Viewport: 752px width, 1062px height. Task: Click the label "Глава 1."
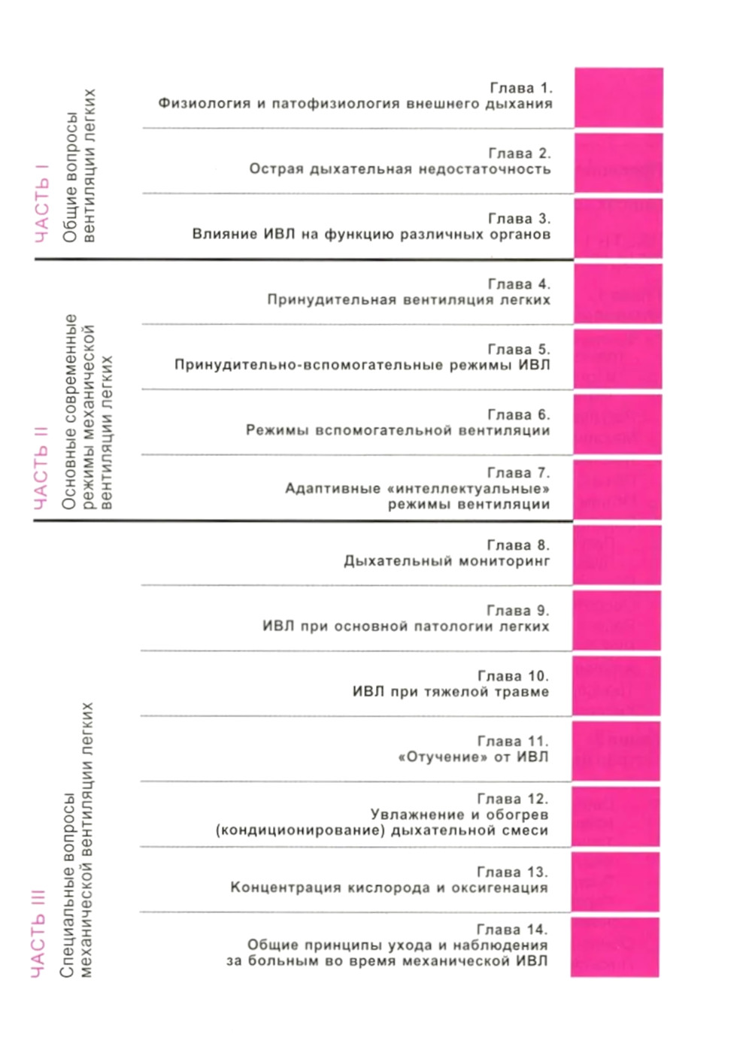tap(520, 88)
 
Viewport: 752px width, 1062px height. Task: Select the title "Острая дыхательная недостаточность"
tap(400, 169)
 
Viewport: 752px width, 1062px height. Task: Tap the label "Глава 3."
tap(519, 219)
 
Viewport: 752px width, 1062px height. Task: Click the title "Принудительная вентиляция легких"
tap(408, 300)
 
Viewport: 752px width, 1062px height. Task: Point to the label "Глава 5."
tap(519, 350)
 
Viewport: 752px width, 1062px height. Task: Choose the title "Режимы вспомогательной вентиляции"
tap(398, 431)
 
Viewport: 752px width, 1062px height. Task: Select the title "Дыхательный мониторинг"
tap(447, 561)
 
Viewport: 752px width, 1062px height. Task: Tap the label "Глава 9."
tap(518, 611)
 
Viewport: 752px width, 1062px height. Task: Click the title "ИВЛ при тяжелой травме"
tap(450, 692)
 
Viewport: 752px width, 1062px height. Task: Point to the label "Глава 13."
tap(513, 872)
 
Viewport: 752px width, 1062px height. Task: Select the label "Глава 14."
tap(512, 930)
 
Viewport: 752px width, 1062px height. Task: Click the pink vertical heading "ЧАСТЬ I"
tap(42, 204)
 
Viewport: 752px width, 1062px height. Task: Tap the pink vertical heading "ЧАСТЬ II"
tap(41, 467)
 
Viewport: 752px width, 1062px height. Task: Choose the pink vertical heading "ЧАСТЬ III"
tap(39, 933)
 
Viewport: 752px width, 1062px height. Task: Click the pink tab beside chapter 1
tap(618, 98)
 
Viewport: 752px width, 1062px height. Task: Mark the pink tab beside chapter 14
tap(614, 947)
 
